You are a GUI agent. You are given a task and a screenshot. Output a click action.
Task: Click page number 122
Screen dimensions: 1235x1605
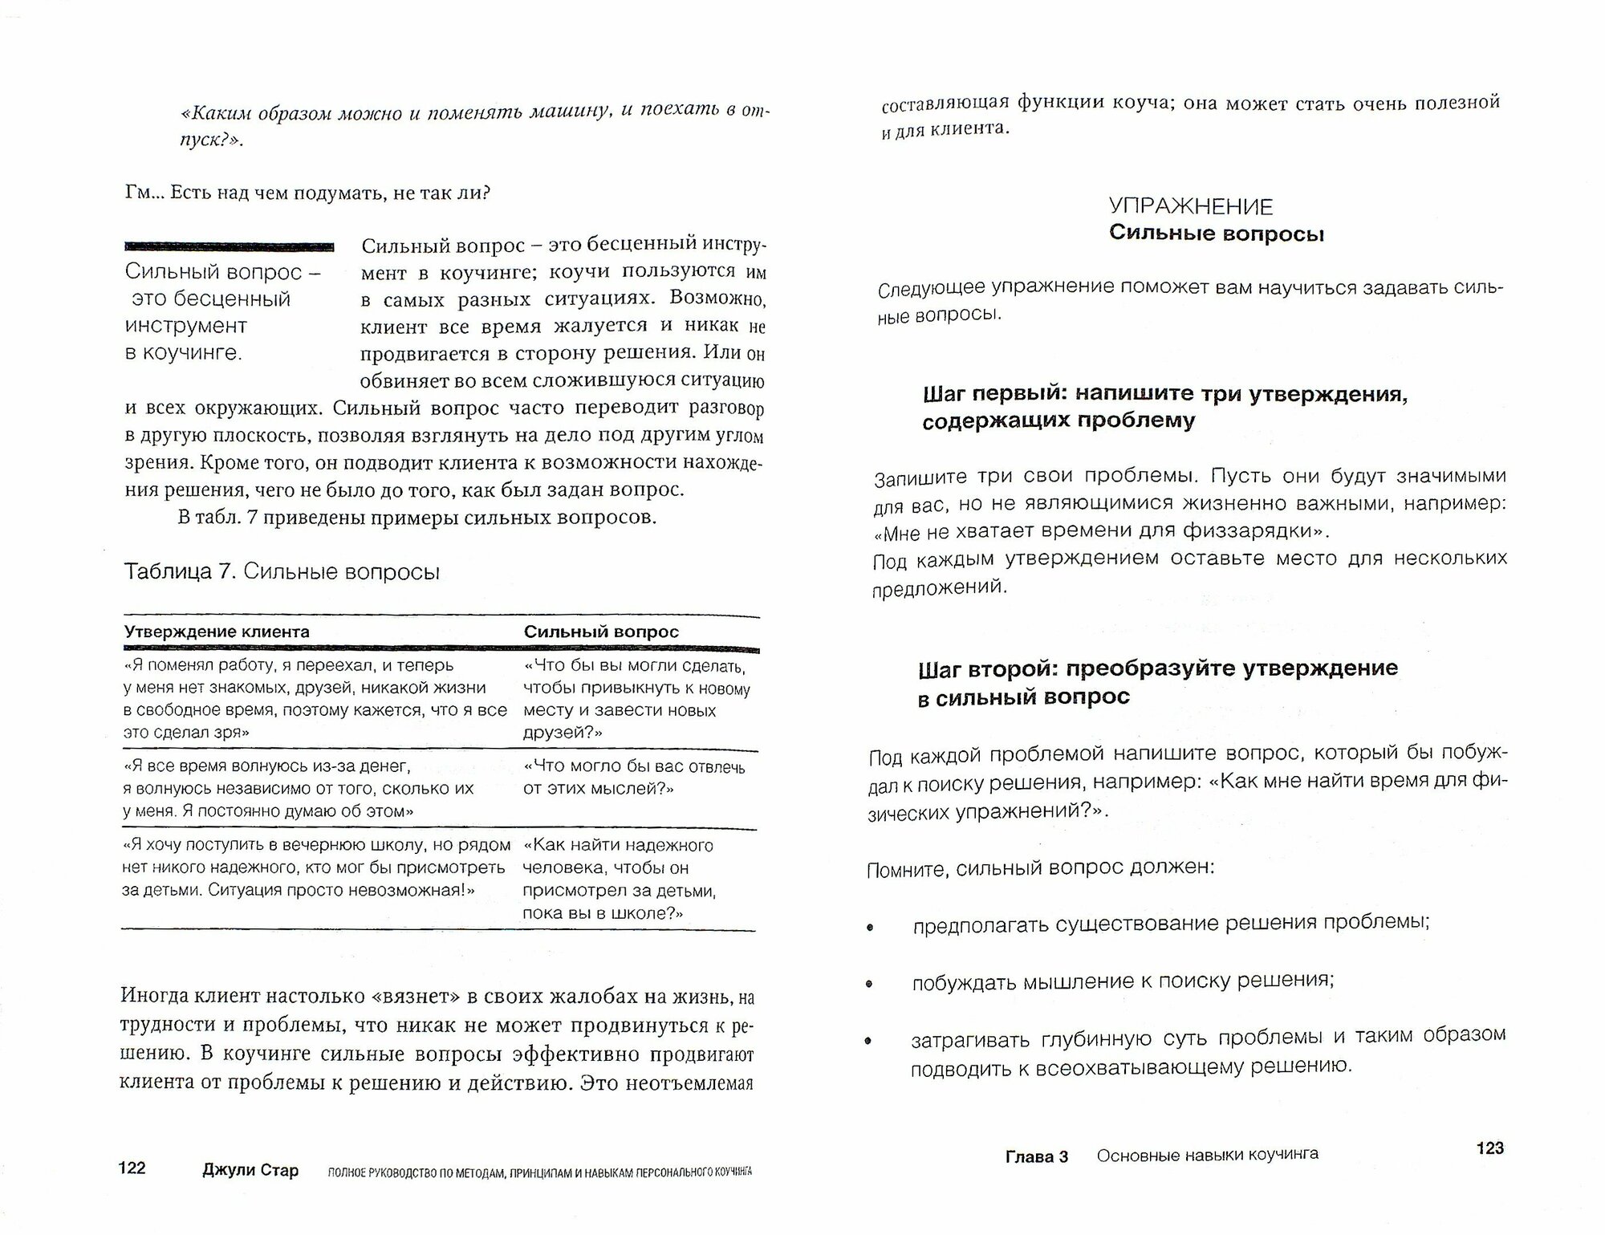coord(132,1168)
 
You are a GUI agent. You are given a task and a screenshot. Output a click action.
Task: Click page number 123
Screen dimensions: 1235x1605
coord(1489,1148)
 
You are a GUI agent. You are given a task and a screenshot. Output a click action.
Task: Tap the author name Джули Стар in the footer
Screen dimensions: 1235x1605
coord(250,1170)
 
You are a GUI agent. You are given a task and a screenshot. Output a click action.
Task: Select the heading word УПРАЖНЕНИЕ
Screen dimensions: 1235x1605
coord(1190,207)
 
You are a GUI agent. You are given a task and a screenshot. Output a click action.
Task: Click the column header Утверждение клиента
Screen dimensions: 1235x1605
coord(217,632)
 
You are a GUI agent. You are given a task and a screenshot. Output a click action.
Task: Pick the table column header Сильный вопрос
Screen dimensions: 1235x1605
coord(601,632)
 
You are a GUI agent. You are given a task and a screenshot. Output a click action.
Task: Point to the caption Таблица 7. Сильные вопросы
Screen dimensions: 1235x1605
coord(282,572)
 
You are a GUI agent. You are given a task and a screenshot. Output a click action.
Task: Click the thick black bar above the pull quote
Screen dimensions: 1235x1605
coord(230,246)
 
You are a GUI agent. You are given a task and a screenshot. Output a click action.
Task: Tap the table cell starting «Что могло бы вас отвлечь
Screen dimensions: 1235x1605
coord(634,778)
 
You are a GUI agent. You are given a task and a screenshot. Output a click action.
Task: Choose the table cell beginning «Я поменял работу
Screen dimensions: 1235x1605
coord(315,698)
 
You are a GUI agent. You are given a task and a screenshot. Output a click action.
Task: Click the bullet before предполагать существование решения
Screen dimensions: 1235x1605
coord(870,928)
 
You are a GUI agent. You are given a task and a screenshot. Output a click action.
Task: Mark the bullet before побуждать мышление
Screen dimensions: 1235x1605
coord(869,985)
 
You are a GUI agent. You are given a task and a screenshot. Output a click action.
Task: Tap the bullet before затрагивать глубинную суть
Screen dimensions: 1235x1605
coord(868,1042)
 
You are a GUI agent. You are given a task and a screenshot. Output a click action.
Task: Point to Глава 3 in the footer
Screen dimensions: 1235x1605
coord(1037,1156)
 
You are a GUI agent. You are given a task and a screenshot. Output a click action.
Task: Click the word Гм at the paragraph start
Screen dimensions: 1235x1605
coord(138,193)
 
